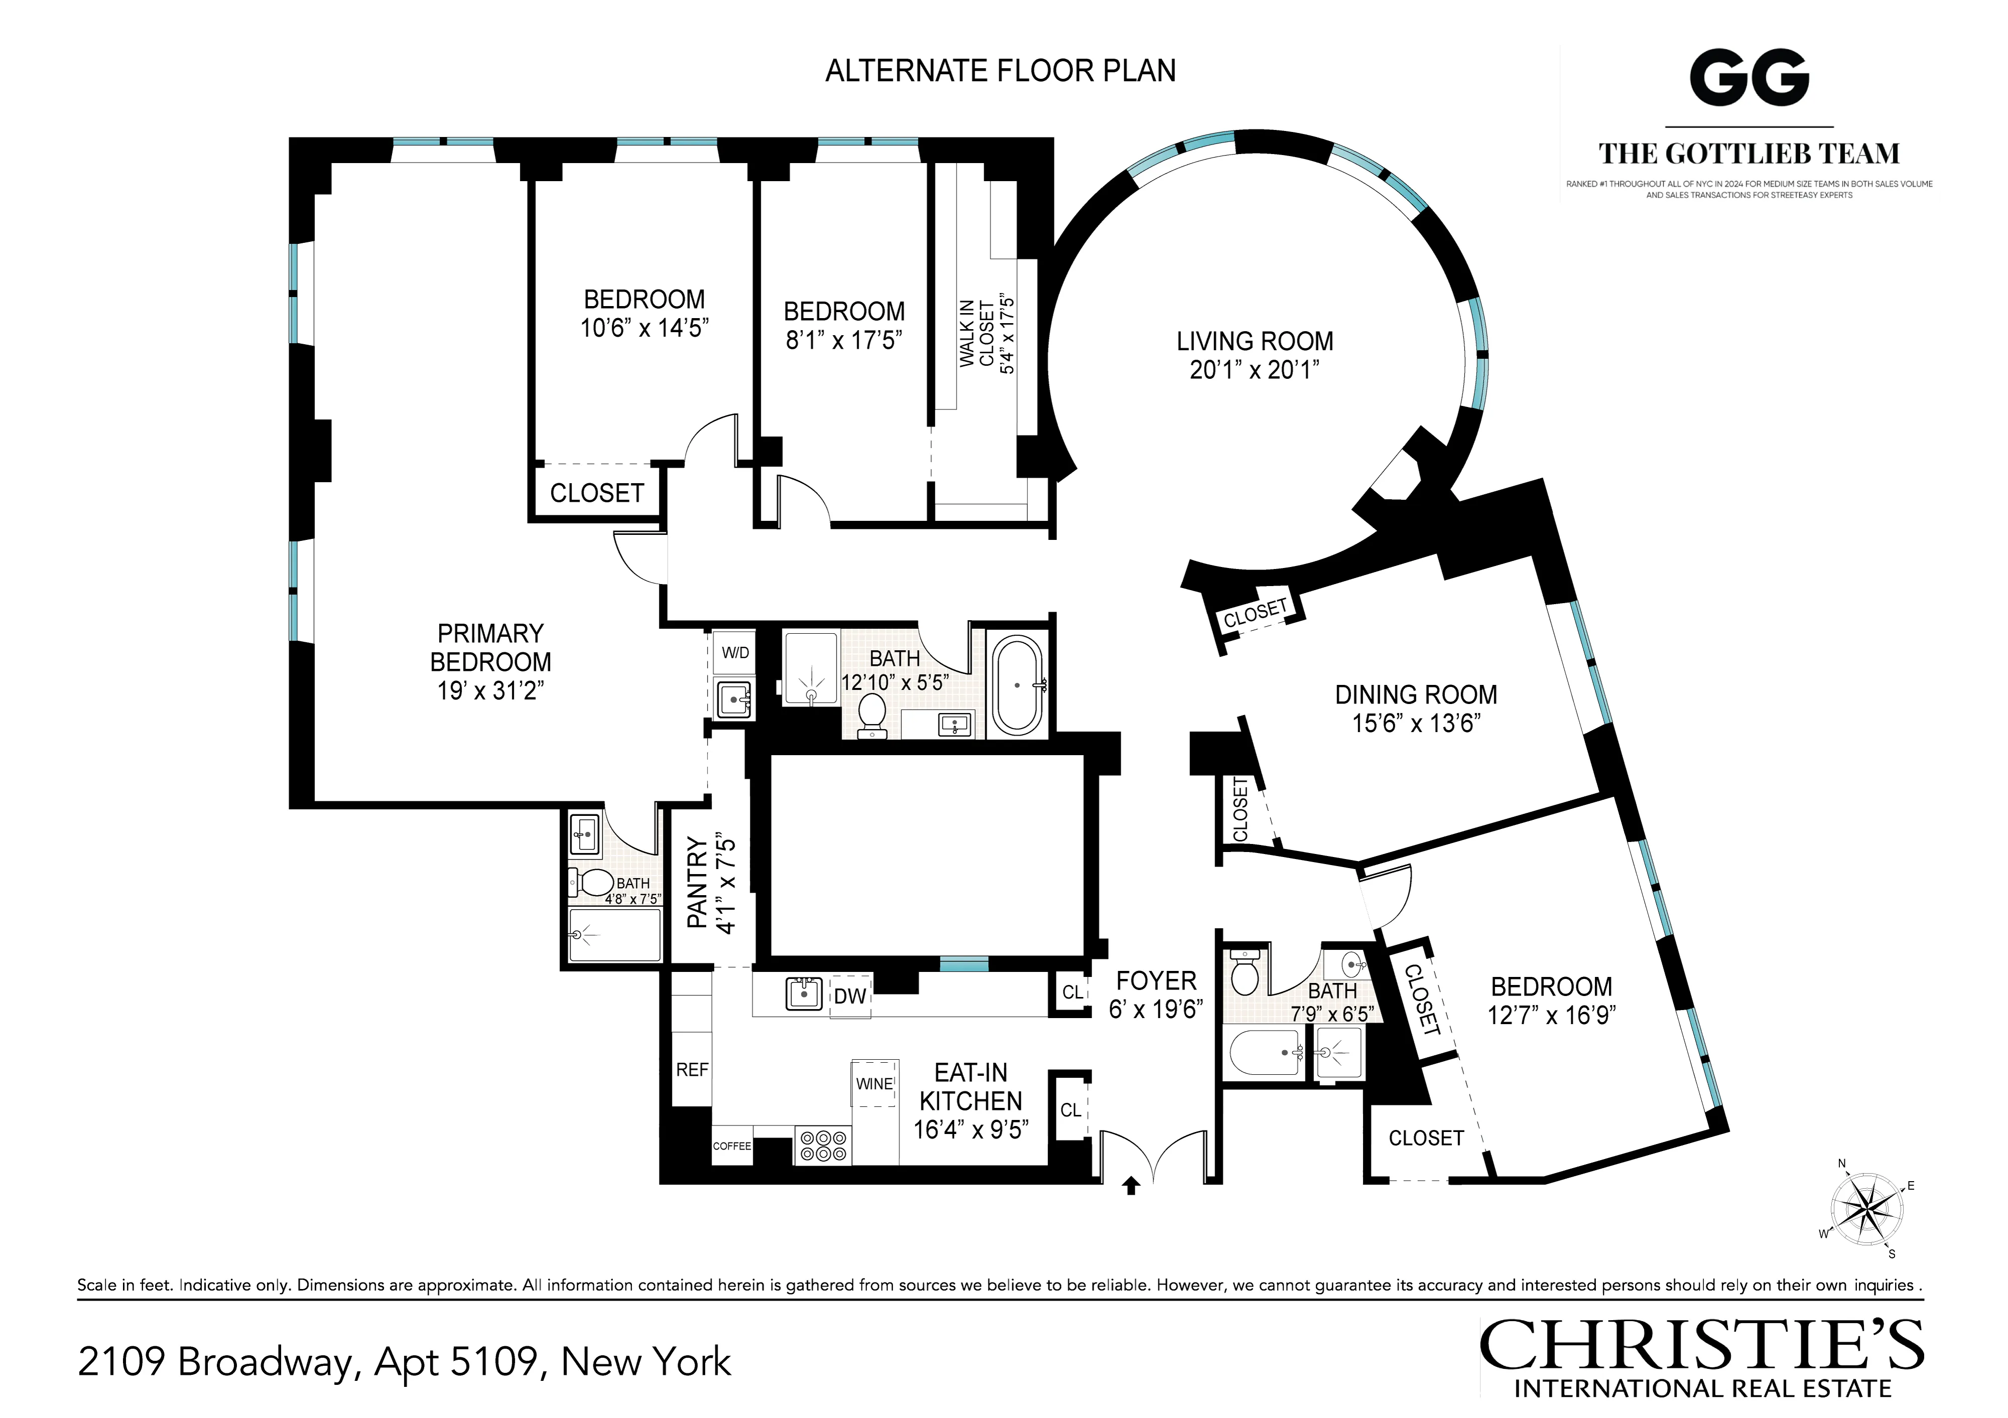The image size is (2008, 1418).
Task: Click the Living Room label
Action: [x=1254, y=341]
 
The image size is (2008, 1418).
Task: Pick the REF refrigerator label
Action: [x=692, y=1070]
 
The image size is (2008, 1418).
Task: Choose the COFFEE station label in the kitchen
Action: [x=732, y=1146]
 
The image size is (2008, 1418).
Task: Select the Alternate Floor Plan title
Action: [x=1001, y=71]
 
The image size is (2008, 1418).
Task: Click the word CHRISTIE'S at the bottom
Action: [x=1701, y=1347]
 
